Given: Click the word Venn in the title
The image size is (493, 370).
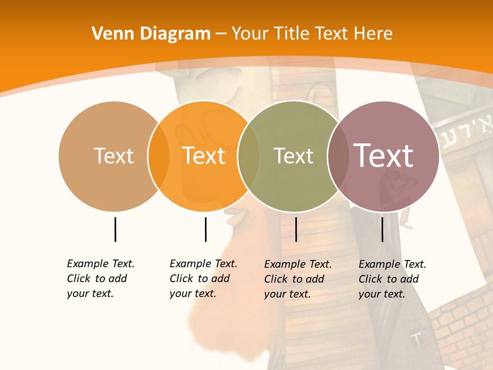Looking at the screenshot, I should [x=109, y=34].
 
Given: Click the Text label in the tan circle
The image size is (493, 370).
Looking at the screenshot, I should [x=113, y=156].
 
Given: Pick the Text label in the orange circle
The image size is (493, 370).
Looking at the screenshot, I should [x=203, y=156].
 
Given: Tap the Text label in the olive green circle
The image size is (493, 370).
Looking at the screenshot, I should [x=293, y=156].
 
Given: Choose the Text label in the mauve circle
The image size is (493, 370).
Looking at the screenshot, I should [x=383, y=156].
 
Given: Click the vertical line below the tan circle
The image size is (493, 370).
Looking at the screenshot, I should [x=115, y=229].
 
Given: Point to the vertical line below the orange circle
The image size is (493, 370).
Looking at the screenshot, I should [x=205, y=229].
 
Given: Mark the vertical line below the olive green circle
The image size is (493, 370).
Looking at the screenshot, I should [x=296, y=229].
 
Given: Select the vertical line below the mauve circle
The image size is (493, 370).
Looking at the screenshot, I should [x=382, y=229].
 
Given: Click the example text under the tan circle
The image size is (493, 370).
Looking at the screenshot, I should [x=101, y=279].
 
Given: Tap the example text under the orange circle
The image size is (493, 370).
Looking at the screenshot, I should [x=203, y=279].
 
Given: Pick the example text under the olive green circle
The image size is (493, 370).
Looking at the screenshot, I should [x=298, y=279].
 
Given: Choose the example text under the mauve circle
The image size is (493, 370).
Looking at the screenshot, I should [x=392, y=279].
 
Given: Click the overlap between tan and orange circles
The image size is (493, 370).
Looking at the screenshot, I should [x=159, y=156].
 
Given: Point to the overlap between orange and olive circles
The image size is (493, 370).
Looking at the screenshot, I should [x=249, y=156].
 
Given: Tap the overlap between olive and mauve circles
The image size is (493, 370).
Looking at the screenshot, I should [x=338, y=156].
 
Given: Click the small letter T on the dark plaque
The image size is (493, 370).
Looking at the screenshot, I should [x=417, y=339].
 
